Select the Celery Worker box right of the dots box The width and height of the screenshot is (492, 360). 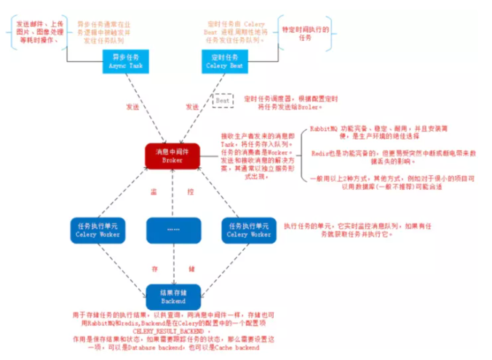(248, 230)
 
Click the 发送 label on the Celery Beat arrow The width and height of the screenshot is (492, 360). (192, 106)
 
